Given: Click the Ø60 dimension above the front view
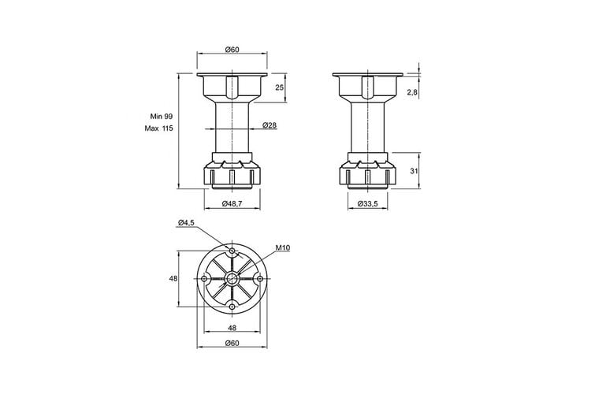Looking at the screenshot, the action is tap(232, 50).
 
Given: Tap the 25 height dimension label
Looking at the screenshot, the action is tap(279, 87).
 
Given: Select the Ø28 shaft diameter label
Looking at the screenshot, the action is tap(269, 125).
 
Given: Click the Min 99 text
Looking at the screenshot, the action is tap(162, 116).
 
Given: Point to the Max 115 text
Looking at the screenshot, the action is tap(158, 128).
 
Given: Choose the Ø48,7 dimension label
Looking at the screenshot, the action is tap(232, 203).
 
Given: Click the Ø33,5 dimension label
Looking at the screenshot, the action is tap(367, 203).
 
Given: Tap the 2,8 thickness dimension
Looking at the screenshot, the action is tap(412, 92).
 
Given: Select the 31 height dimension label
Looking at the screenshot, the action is tap(414, 171).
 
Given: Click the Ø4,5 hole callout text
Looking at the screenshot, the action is tap(186, 222).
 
